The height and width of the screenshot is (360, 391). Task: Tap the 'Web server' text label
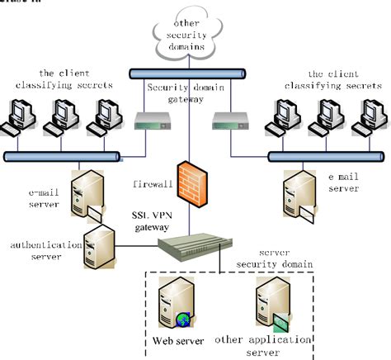click(x=178, y=340)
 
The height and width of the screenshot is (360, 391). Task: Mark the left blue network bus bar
click(x=62, y=155)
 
